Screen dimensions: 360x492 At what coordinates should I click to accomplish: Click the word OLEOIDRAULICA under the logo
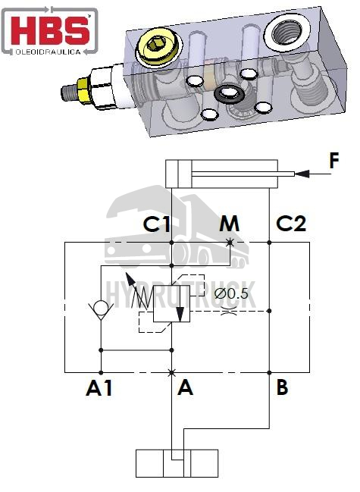pos(48,52)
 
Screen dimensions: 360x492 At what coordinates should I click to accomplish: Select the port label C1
pos(156,224)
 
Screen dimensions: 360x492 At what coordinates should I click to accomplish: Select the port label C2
pos(291,224)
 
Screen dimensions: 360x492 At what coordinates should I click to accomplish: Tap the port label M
pos(229,224)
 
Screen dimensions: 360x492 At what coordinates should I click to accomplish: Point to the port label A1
pos(99,388)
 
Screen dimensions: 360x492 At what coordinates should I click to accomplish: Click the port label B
pos(282,387)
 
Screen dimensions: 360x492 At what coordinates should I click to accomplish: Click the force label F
pos(334,161)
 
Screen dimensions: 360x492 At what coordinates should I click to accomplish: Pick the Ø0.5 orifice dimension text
pos(231,293)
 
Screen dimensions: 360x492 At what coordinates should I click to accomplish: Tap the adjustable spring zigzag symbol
pos(142,297)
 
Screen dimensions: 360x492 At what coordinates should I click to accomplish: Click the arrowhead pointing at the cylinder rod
pos(302,174)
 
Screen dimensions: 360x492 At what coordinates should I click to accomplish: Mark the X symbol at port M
pos(230,243)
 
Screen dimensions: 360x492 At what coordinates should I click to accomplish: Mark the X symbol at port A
pos(171,373)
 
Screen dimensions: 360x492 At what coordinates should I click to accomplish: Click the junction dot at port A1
pos(101,373)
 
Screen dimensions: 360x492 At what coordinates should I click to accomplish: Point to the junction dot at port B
pos(269,373)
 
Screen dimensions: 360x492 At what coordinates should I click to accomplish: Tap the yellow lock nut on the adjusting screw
pos(83,91)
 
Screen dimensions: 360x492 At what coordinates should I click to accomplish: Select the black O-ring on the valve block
pos(228,93)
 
